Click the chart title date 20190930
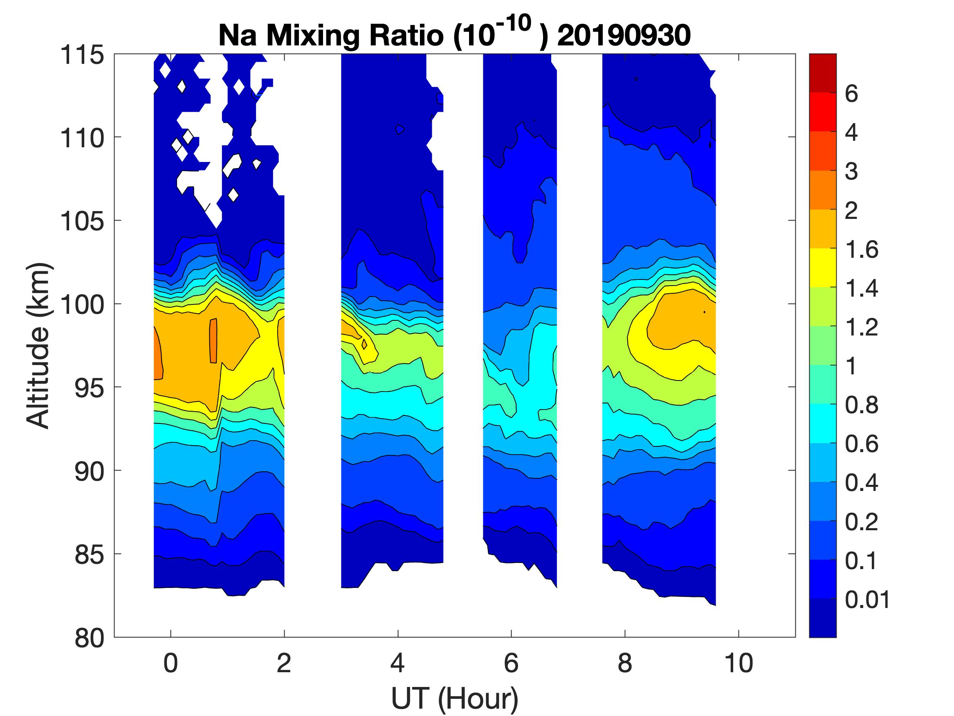(x=624, y=36)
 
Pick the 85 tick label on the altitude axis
(x=90, y=554)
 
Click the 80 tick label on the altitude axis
(x=90, y=637)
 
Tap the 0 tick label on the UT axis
(x=171, y=663)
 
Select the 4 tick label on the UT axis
(x=397, y=663)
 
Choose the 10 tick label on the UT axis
(x=739, y=663)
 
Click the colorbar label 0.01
(x=867, y=600)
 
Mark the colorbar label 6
(x=851, y=94)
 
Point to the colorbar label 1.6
(x=861, y=250)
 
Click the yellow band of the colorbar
(x=822, y=268)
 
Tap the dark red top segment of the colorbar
(x=822, y=72)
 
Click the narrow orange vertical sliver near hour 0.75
(x=213, y=341)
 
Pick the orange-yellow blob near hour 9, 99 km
(x=681, y=320)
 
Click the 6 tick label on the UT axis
(x=511, y=663)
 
